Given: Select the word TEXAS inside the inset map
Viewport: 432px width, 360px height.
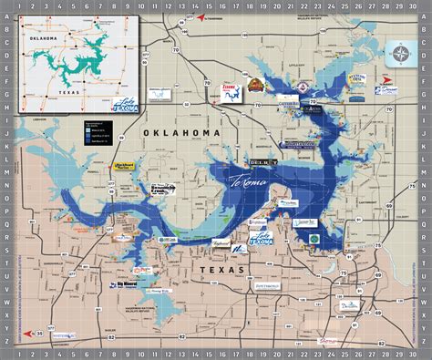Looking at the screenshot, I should tap(68, 91).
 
